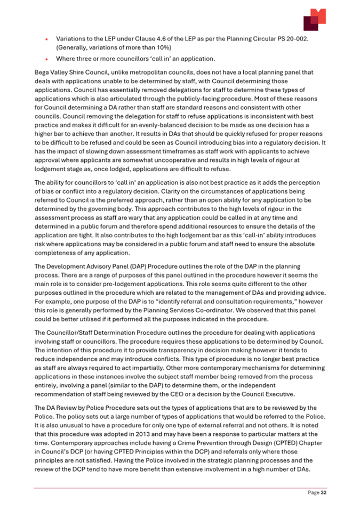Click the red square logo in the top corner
point(314,20)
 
